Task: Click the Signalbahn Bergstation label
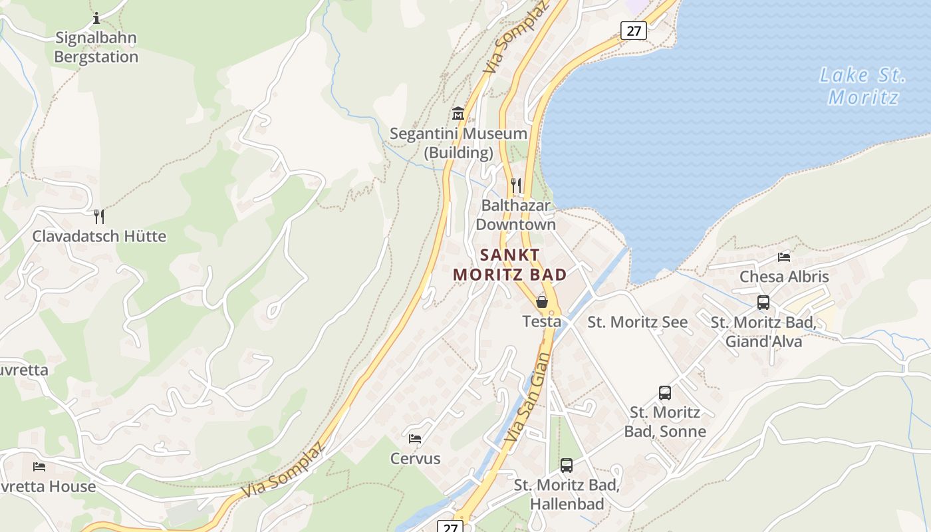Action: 96,47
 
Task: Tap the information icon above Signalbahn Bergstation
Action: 96,18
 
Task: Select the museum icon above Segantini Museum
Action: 458,114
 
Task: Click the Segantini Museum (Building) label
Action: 458,143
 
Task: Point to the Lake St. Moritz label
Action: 863,86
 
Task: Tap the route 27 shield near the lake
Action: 634,30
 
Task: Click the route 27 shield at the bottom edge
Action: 450,527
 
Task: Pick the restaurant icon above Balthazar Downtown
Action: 516,185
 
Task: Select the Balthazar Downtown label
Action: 516,215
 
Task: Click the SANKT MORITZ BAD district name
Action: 510,265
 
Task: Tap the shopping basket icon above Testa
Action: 542,302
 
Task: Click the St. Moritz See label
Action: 638,322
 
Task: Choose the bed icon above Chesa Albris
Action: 784,257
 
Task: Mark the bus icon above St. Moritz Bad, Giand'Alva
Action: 763,303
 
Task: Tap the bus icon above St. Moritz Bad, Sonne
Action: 665,393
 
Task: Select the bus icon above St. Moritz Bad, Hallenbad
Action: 567,465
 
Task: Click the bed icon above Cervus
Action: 415,439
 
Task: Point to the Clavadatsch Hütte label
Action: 99,236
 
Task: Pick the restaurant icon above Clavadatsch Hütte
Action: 99,216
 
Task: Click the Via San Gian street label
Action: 529,398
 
